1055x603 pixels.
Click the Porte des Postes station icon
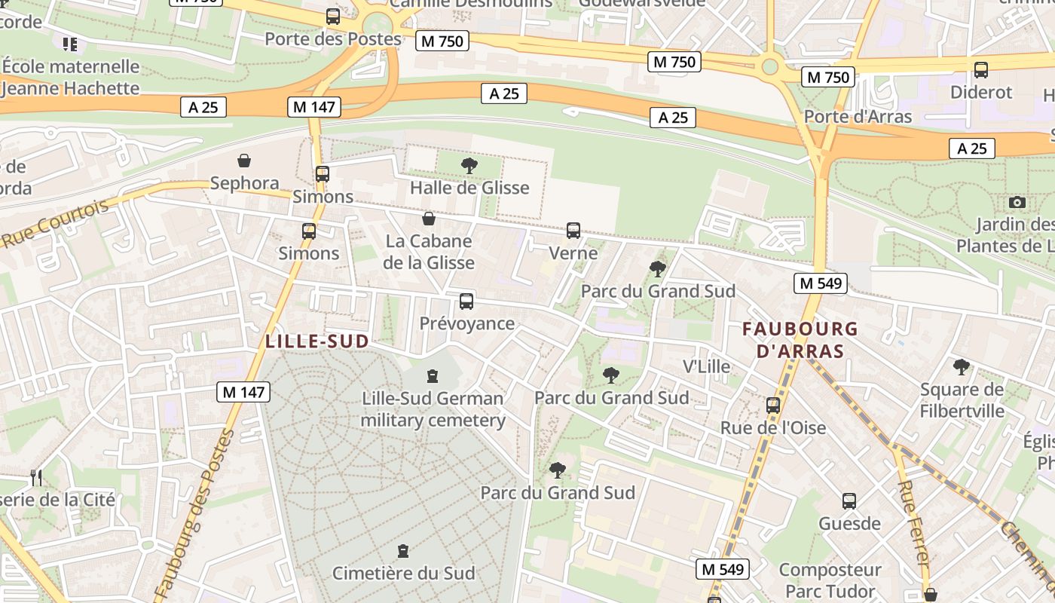[332, 17]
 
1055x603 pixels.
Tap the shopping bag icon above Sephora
[244, 161]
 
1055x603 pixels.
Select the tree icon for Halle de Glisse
[469, 166]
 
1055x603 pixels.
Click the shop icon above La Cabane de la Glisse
[429, 219]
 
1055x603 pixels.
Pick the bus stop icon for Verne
[573, 231]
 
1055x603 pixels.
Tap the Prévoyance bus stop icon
[466, 301]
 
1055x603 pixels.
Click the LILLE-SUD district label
[317, 341]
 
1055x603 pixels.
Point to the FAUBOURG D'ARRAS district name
[800, 340]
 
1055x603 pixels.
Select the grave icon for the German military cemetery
[433, 375]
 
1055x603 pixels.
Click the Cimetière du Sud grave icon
[403, 551]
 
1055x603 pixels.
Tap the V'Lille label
[706, 366]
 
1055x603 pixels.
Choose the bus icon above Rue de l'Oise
[773, 405]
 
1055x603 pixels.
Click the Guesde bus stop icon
[849, 501]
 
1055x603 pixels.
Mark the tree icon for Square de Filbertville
[962, 367]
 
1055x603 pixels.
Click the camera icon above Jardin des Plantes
[1017, 202]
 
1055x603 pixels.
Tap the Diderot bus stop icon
[981, 70]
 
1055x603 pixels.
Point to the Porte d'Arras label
[858, 116]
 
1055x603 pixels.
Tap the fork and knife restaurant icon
[35, 477]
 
